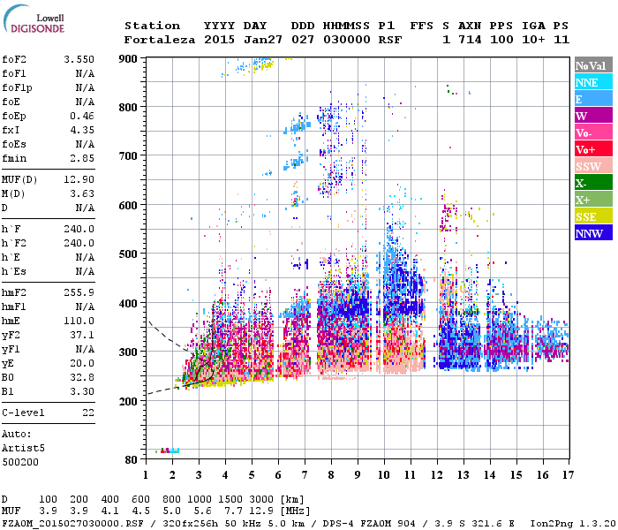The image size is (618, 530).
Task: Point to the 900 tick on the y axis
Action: click(x=129, y=58)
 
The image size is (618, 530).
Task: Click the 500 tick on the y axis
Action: click(x=129, y=254)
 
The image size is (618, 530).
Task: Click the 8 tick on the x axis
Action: click(x=331, y=475)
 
